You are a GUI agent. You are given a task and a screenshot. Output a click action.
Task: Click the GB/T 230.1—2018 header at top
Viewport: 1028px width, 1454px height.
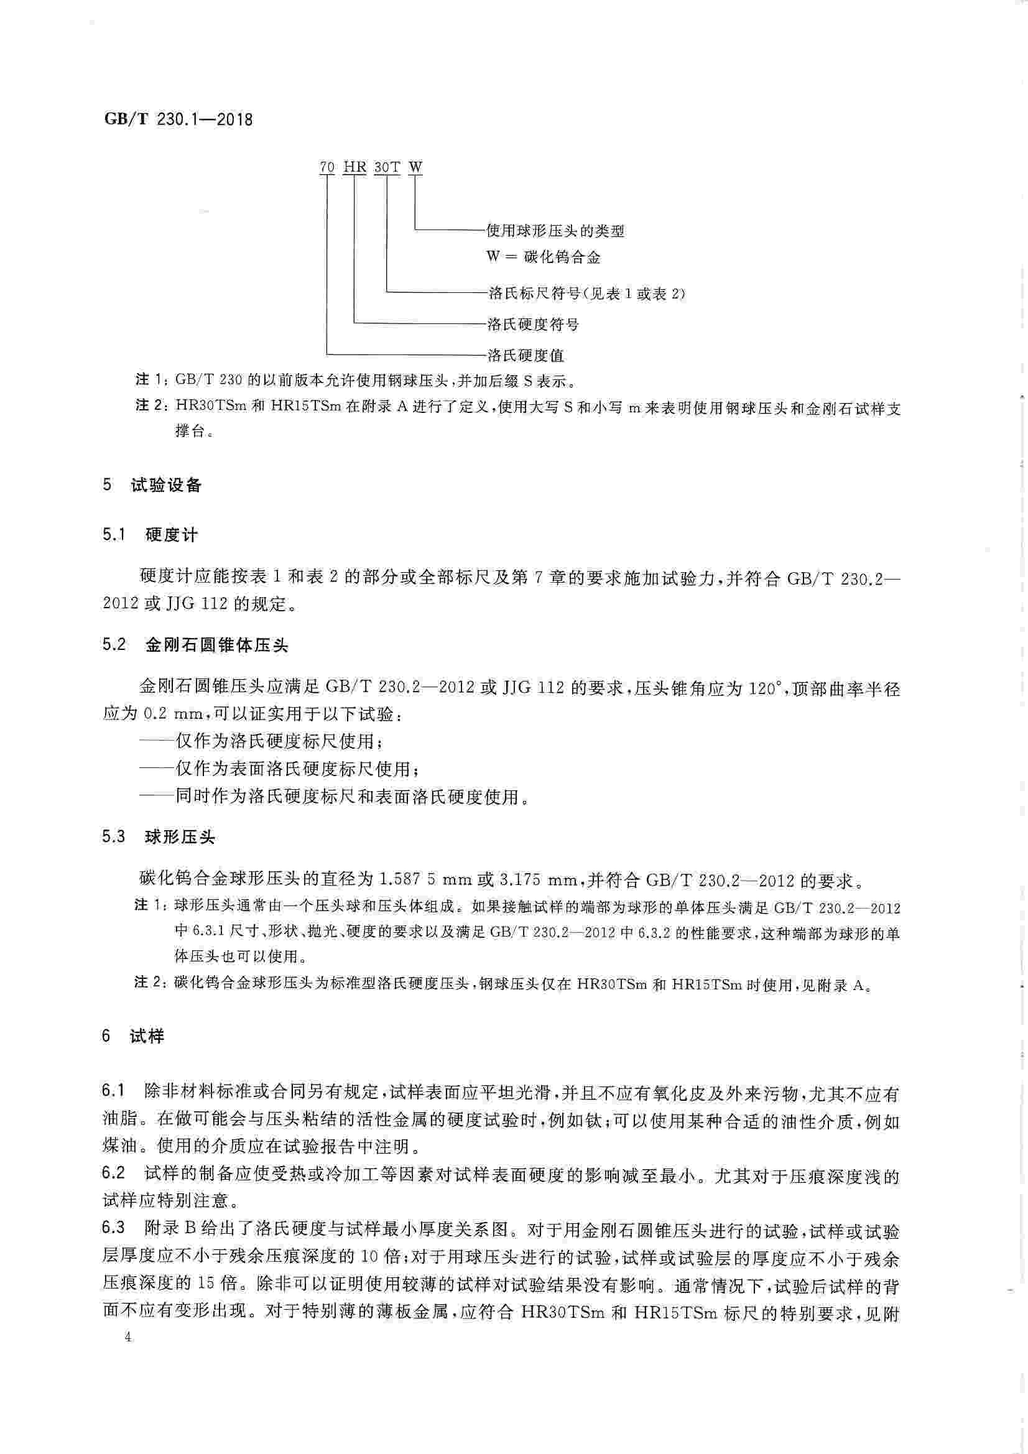[177, 119]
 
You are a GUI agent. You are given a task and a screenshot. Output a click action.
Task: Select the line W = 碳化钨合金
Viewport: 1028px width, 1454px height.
[543, 257]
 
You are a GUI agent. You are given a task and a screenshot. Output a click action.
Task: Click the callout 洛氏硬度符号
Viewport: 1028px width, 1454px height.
[533, 325]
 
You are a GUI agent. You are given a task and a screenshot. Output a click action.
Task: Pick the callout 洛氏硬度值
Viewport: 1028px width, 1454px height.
[525, 355]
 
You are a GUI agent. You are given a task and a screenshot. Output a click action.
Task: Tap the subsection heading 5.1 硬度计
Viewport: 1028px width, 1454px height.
[150, 535]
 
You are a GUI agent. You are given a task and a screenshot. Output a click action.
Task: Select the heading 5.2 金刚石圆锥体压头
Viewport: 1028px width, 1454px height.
[195, 646]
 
